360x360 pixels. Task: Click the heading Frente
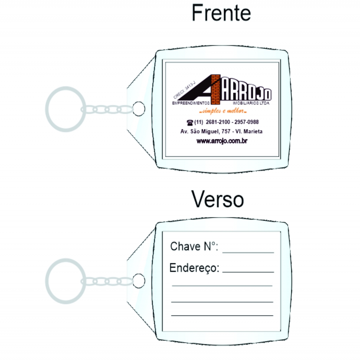(221, 13)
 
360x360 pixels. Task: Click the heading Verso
(217, 199)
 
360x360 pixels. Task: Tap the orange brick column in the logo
(216, 89)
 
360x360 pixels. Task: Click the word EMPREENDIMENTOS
(191, 103)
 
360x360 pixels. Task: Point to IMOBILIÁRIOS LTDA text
(251, 103)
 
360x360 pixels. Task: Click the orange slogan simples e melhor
(223, 111)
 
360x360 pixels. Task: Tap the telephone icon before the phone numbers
(190, 123)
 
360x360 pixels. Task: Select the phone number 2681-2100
(218, 122)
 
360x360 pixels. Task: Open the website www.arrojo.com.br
(222, 141)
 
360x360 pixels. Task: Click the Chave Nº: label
(194, 246)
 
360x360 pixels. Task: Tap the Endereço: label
(194, 268)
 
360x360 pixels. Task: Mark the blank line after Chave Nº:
(248, 253)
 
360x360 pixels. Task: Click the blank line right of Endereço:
(248, 272)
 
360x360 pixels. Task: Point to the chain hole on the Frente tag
(139, 109)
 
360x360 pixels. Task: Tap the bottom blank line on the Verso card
(222, 315)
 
